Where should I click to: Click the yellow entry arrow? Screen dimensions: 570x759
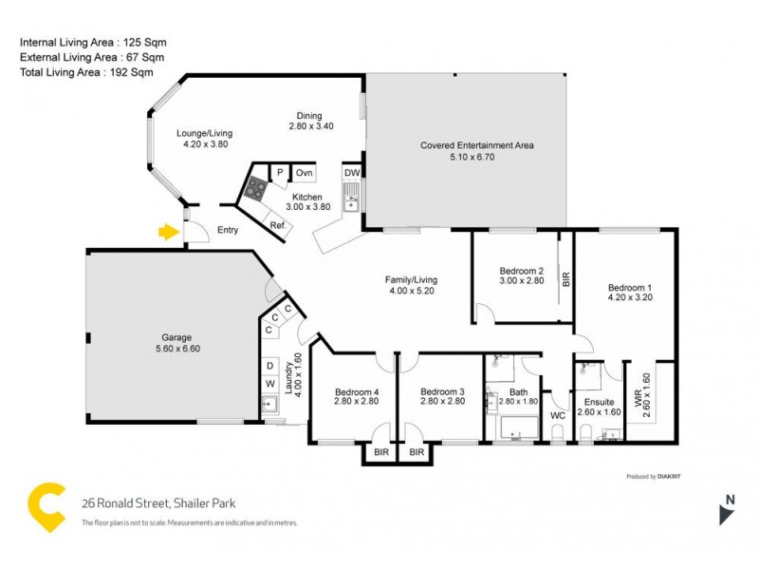[168, 231]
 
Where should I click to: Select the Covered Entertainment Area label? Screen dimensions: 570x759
[477, 145]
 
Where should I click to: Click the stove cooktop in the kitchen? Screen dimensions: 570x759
[254, 188]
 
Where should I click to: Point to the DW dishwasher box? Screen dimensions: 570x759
[351, 173]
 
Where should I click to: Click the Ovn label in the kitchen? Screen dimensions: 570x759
[304, 173]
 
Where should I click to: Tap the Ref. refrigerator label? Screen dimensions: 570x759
[278, 225]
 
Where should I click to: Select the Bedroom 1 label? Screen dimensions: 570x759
[630, 287]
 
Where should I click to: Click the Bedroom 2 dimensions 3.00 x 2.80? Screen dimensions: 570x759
[521, 281]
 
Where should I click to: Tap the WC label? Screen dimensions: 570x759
[558, 415]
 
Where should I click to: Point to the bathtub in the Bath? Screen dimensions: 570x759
[512, 432]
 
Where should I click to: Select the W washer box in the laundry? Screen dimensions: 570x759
[269, 384]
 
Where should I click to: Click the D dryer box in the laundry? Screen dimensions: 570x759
[269, 365]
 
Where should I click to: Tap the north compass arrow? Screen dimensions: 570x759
[726, 513]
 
